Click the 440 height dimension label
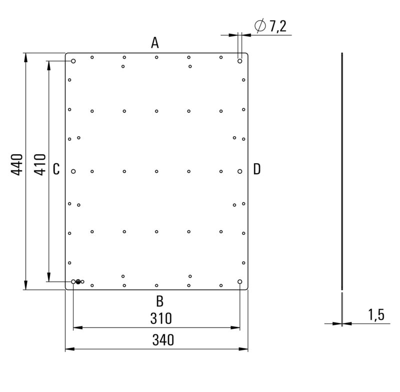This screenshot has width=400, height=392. [17, 164]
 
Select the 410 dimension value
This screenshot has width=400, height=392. [41, 164]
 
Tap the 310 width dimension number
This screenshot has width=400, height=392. [161, 318]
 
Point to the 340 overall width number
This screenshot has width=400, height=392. [163, 340]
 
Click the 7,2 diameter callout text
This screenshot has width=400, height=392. [277, 27]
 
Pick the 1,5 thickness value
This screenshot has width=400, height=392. [376, 315]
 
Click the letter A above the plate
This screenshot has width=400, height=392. [155, 43]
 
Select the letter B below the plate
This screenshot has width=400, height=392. [159, 301]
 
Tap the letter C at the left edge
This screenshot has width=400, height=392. [56, 169]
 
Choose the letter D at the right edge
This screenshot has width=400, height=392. [256, 169]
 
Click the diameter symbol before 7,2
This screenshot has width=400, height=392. [260, 26]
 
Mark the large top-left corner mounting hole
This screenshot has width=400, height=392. [73, 61]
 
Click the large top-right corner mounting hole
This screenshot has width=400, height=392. [240, 61]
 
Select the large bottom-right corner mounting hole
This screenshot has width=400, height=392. [240, 282]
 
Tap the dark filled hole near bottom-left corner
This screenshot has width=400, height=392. [78, 282]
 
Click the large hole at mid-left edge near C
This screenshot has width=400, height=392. [73, 171]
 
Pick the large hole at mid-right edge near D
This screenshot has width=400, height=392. [240, 171]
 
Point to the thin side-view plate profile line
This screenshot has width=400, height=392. [342, 170]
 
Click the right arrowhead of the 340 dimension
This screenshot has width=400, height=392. [244, 348]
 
